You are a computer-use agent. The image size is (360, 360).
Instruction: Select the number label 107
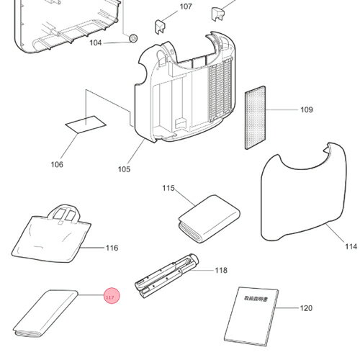186,6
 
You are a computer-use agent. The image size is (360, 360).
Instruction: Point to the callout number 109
307,110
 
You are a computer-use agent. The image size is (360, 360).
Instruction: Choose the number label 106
57,165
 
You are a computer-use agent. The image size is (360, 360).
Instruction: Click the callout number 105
124,170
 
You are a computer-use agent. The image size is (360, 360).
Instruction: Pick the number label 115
168,188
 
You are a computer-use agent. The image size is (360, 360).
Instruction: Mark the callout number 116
112,248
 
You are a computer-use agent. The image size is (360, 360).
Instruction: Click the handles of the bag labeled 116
67,213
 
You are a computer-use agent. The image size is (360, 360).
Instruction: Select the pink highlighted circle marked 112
110,296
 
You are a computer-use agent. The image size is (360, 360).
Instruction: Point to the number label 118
221,271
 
